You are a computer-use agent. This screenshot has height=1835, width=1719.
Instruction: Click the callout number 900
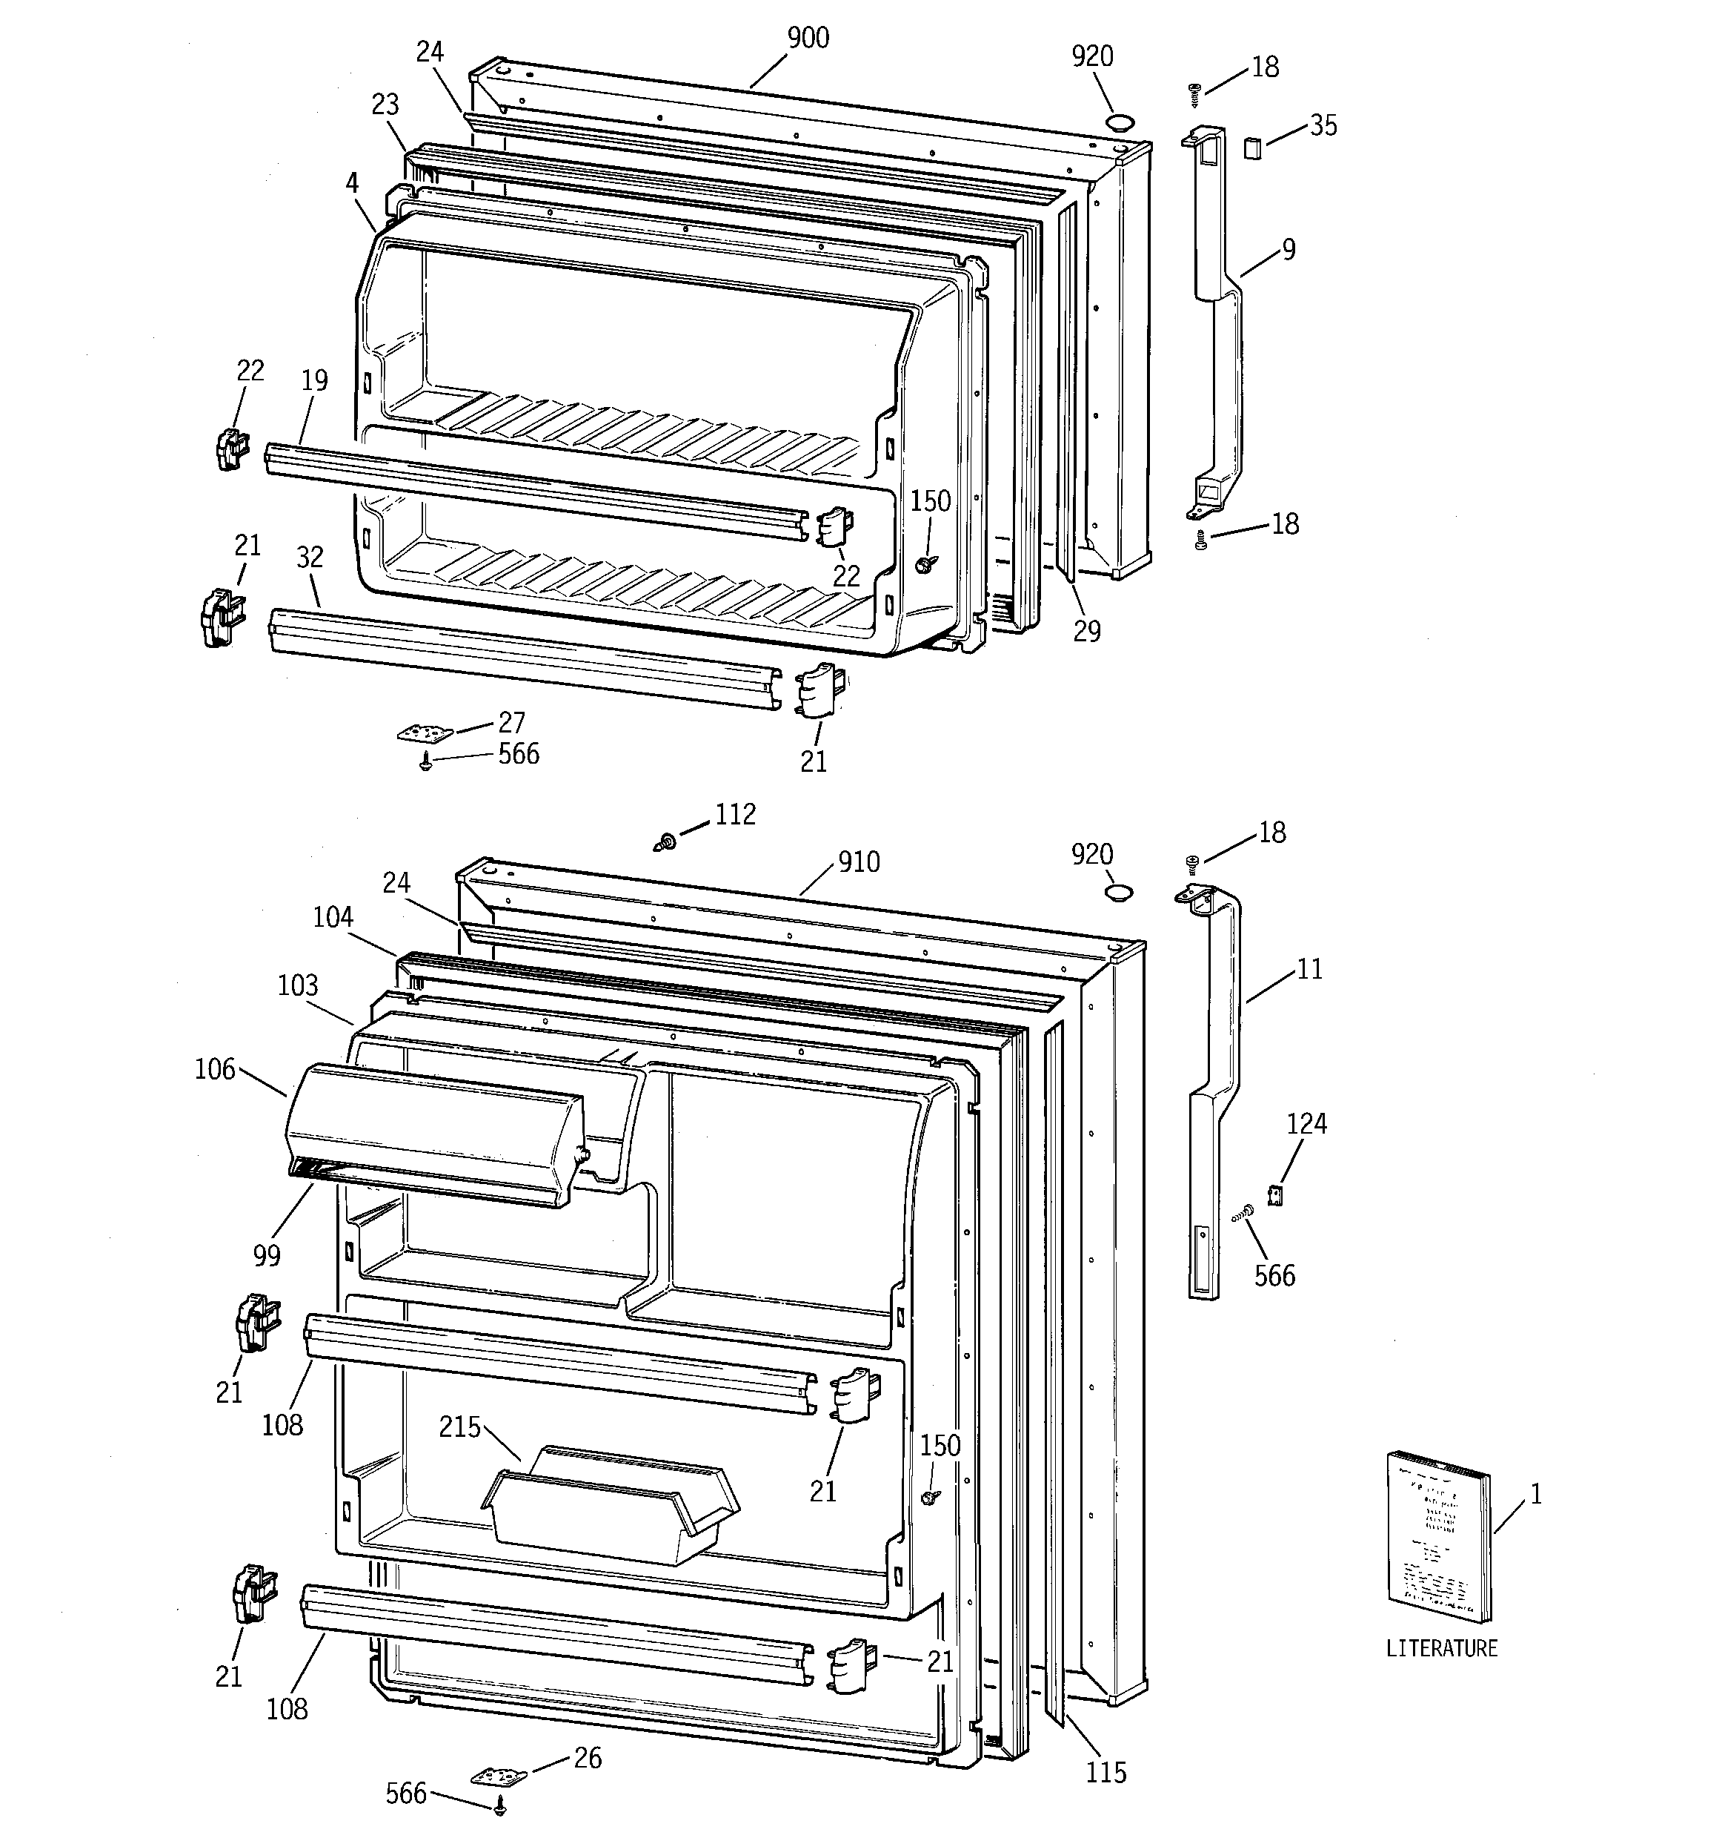coord(808,38)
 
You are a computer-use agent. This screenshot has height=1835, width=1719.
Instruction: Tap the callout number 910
coord(858,862)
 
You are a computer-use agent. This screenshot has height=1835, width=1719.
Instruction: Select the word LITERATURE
coord(1442,1647)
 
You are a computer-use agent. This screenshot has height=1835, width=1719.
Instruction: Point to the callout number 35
coord(1323,125)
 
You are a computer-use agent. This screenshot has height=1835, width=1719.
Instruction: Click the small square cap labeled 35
coord(1251,148)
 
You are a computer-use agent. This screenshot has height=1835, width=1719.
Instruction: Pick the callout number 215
coord(459,1427)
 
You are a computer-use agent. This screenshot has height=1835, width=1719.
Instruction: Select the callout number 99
coord(267,1255)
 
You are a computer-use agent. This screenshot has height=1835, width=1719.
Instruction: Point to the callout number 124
coord(1306,1123)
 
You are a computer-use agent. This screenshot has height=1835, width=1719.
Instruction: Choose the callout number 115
coord(1105,1772)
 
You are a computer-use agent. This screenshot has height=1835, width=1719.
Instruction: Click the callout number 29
coord(1087,632)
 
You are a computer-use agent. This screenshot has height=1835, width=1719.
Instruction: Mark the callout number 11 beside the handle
coord(1309,968)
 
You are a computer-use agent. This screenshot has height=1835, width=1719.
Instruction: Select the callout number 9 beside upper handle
coord(1288,249)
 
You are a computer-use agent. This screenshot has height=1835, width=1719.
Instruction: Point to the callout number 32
coord(310,557)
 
